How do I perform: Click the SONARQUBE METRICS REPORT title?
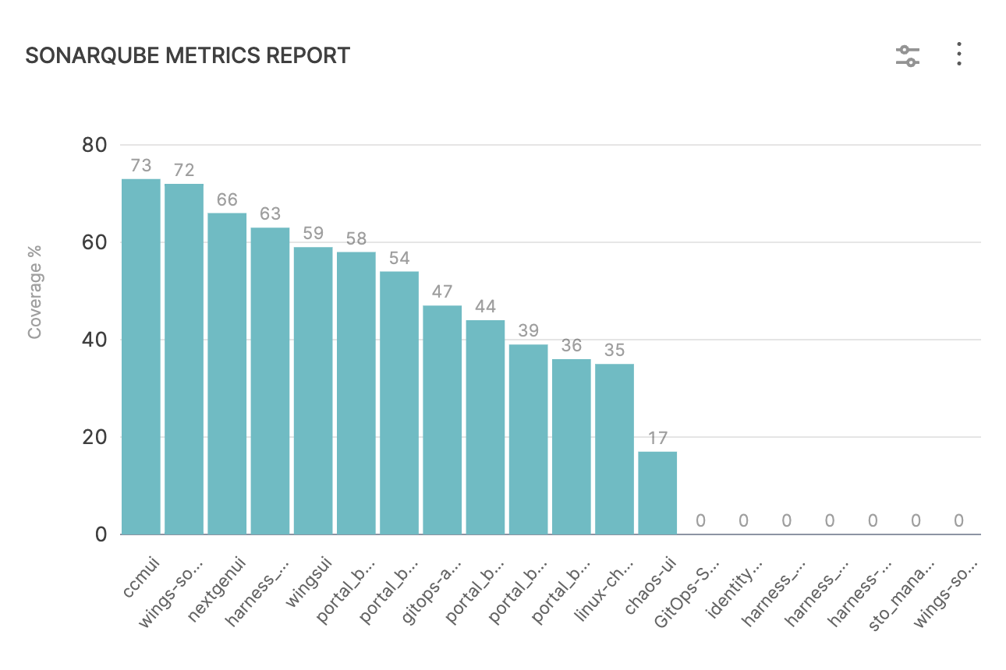(x=187, y=56)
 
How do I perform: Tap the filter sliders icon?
(x=908, y=55)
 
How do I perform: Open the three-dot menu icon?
(x=959, y=55)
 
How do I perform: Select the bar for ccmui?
(x=141, y=357)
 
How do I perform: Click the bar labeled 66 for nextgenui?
(x=227, y=374)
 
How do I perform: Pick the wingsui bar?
(x=313, y=390)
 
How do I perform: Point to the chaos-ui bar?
(x=657, y=492)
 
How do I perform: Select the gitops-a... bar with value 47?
(x=442, y=420)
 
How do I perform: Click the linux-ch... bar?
(x=615, y=449)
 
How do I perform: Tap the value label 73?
(x=141, y=166)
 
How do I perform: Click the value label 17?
(x=657, y=438)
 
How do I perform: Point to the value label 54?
(x=399, y=258)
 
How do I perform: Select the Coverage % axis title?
(x=35, y=292)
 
